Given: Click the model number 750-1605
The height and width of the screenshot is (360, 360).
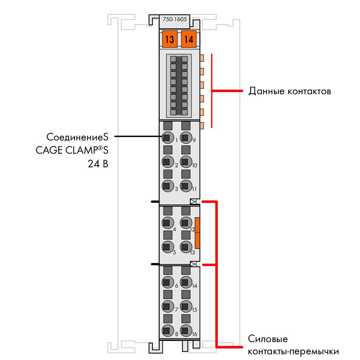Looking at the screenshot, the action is (175, 19).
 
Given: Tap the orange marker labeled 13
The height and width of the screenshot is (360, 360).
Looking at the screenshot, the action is (170, 39).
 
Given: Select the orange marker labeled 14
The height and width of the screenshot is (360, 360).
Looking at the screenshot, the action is (189, 39).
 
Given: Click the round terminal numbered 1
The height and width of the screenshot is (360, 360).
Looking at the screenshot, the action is (167, 138).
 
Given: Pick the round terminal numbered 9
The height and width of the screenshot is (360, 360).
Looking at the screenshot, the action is (186, 138).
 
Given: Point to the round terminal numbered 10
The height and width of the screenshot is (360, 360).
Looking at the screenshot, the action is (186, 162).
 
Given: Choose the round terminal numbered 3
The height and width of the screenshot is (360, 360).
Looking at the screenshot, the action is (167, 186).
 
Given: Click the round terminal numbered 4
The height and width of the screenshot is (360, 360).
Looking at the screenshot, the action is (167, 223).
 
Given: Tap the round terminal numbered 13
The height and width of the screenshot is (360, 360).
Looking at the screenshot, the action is (186, 247).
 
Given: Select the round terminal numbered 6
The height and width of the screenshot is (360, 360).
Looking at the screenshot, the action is (167, 282).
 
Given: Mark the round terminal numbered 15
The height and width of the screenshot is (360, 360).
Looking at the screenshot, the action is (186, 306).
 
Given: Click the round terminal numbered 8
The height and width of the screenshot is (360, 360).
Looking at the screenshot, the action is (167, 330).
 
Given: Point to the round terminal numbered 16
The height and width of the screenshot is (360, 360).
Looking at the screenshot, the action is (186, 330).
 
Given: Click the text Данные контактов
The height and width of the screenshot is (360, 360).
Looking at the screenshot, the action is (290, 91).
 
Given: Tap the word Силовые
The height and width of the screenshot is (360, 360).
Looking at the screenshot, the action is (268, 339).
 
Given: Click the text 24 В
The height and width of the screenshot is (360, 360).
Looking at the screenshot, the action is (98, 164).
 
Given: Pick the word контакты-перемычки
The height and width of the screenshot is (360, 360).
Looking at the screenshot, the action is (293, 352).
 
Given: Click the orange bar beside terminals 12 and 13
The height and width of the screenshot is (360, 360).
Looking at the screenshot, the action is (197, 233).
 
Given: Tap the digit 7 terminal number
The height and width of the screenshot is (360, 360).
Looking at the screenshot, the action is (176, 310).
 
